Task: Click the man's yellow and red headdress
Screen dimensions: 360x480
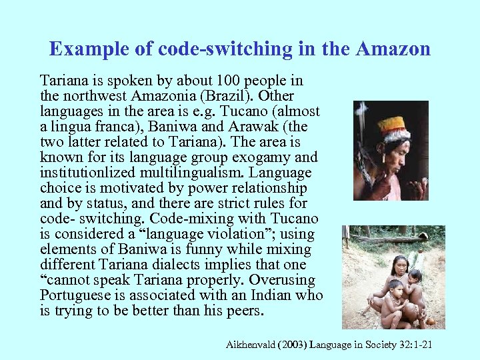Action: coord(391,127)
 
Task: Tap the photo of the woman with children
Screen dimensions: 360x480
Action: coord(393,277)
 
